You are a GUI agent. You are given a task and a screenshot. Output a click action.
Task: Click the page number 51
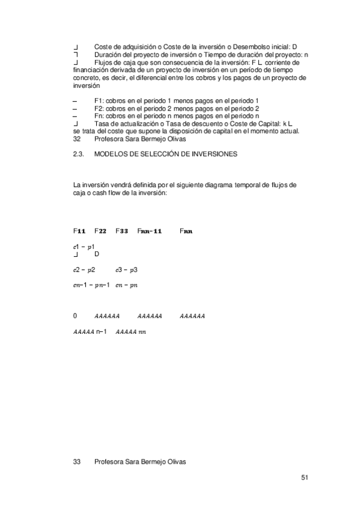tap(305, 478)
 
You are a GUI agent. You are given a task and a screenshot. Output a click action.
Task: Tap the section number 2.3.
tap(77, 155)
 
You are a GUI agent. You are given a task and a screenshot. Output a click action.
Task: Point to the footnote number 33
tap(76, 462)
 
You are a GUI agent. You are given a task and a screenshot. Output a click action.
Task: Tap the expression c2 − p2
tap(84, 270)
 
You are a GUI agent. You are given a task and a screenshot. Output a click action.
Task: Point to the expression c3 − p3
tap(127, 270)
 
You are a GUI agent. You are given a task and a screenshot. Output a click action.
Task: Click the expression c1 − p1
tap(84, 247)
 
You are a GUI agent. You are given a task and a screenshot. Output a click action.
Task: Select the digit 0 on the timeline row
tap(75, 316)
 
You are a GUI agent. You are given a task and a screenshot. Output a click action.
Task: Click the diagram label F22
tap(100, 231)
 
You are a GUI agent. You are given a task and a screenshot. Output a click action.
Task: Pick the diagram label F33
tap(121, 231)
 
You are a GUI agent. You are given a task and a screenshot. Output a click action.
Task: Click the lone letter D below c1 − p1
tap(97, 254)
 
